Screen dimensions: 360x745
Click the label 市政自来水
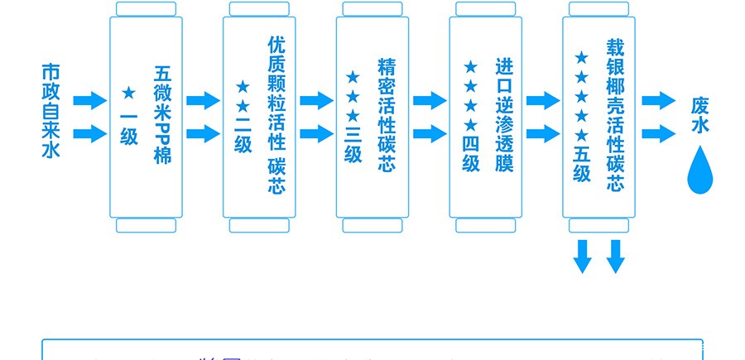51,110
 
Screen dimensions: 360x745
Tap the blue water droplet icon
700,170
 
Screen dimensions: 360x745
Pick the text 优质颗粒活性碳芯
276,114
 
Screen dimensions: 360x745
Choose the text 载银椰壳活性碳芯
615,114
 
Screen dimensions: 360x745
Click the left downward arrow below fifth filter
583,256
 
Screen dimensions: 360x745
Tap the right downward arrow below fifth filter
615,256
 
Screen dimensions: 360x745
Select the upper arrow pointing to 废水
659,101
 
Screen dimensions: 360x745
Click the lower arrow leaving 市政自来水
89,133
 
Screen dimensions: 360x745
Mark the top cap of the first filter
146,9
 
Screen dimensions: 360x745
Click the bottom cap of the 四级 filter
485,226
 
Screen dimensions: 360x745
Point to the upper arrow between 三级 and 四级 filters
430,101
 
